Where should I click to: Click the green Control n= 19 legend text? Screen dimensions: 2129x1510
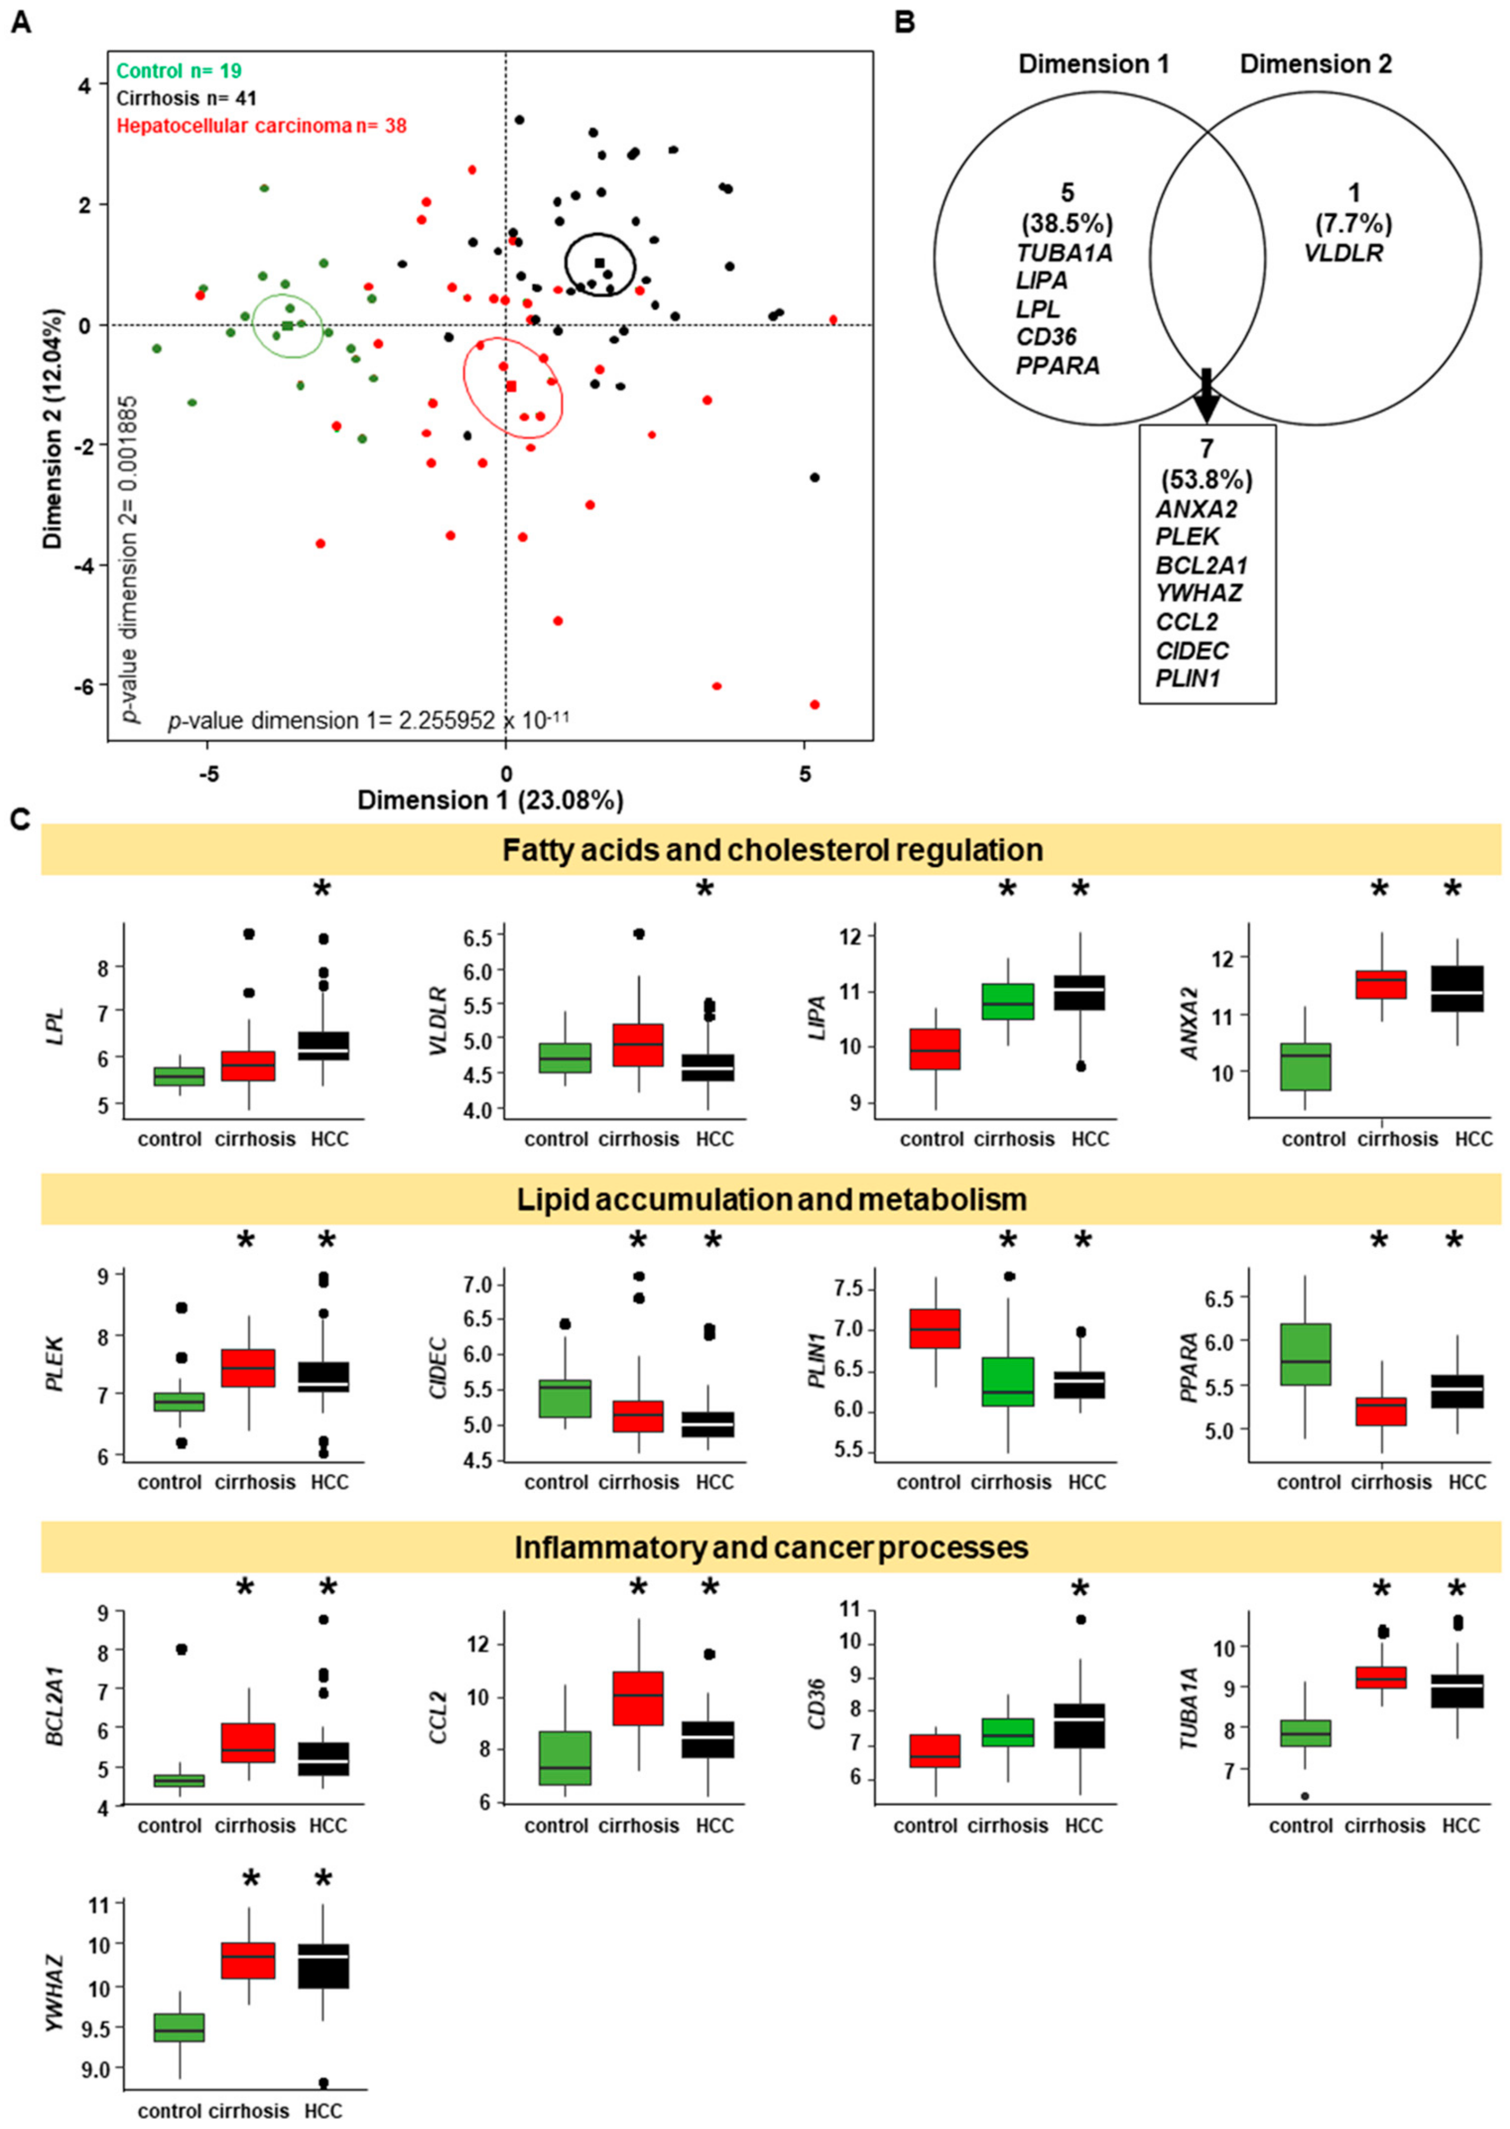point(179,71)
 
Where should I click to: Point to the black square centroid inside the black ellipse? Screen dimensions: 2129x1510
point(599,263)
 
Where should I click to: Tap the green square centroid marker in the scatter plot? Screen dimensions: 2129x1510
point(288,325)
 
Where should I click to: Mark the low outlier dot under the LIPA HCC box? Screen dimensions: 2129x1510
point(1080,1067)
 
